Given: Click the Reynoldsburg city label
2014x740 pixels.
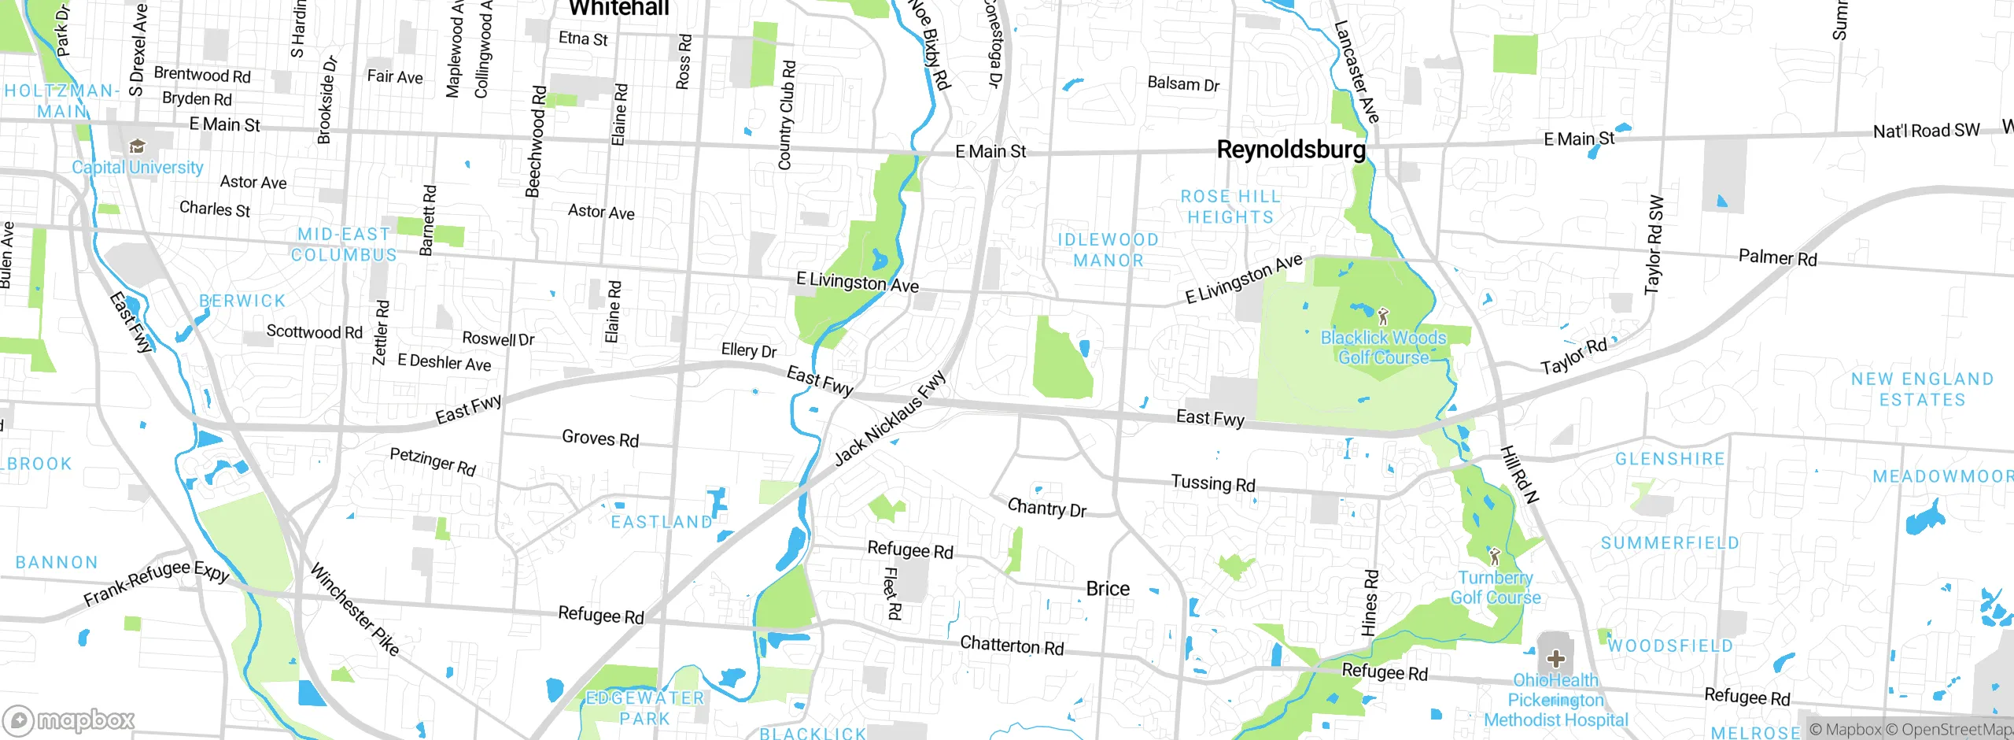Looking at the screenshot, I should (1290, 150).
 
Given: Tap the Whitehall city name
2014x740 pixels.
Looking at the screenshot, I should (618, 8).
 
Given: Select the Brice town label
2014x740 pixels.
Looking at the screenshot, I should (1108, 589).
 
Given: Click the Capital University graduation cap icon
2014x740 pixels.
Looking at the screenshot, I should (138, 147).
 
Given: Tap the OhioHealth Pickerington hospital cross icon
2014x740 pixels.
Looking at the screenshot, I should (1555, 658).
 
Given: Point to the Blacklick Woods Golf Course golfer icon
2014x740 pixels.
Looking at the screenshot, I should (1383, 316).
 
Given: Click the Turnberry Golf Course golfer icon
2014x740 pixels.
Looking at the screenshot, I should (1495, 557).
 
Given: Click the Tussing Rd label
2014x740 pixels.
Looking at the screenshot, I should (1212, 483).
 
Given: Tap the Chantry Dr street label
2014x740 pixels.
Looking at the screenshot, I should (1046, 508).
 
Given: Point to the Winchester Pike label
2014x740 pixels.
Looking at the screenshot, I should (354, 609).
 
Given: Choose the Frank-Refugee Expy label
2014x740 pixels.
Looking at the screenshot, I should (156, 583).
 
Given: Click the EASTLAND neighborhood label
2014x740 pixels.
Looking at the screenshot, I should (662, 522).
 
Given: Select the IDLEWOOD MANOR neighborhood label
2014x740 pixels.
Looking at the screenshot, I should (1108, 250).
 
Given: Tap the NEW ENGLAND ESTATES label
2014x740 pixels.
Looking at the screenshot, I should (1922, 390).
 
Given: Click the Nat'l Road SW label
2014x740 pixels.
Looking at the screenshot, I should (1925, 131).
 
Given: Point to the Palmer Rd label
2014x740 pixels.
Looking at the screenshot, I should (1777, 257).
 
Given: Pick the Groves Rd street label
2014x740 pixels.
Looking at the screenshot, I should (599, 438).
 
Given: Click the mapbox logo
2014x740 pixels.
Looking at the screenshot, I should (69, 720).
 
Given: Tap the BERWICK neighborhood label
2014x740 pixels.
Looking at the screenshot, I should (242, 301).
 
